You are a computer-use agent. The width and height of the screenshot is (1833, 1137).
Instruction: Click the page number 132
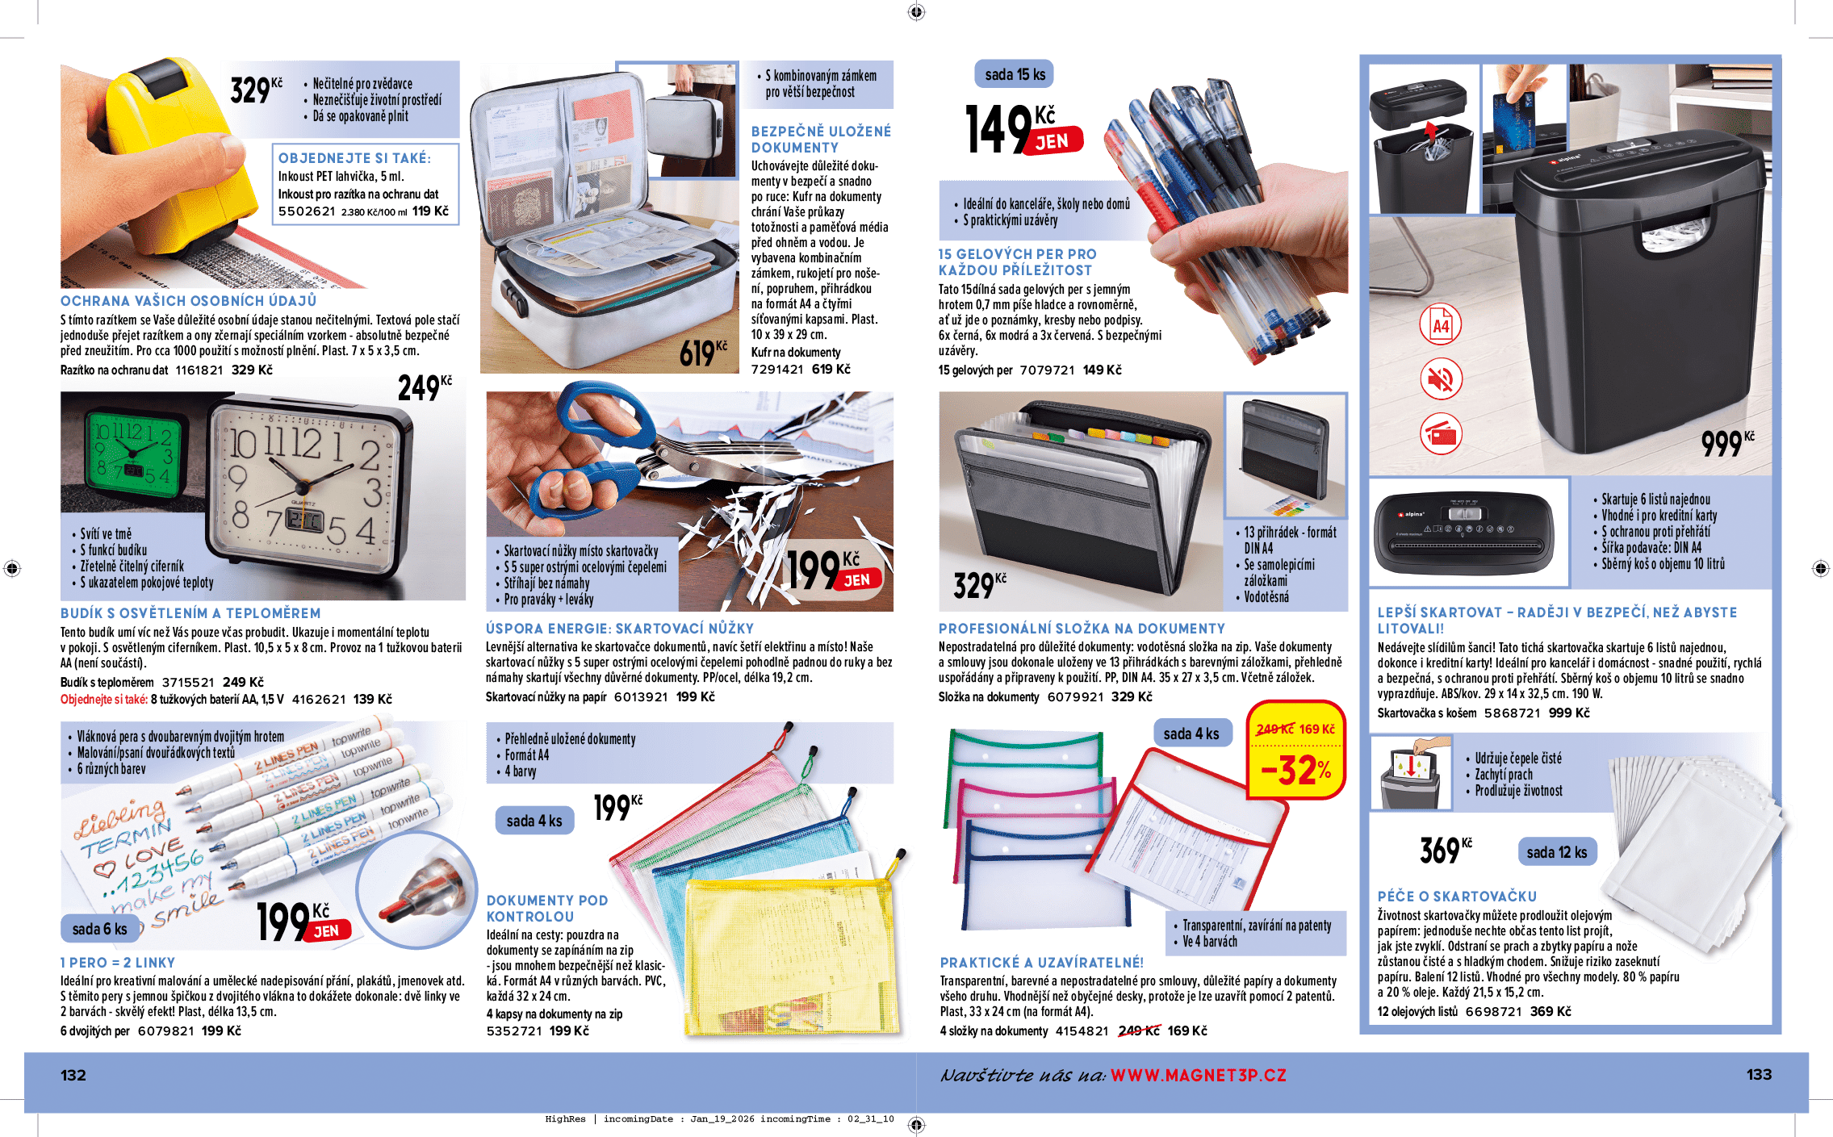coord(73,1075)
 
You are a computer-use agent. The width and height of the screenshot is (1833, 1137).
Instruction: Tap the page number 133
coord(1759,1074)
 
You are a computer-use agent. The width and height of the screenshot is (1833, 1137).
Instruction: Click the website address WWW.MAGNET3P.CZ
coord(1198,1075)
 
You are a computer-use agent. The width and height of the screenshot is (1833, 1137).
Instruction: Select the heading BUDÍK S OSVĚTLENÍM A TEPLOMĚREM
coord(190,613)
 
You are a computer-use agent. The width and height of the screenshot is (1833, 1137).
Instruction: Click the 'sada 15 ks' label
coord(1015,74)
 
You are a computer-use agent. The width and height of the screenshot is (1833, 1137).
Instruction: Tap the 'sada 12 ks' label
coord(1556,852)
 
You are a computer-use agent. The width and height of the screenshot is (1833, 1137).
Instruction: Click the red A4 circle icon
coord(1441,325)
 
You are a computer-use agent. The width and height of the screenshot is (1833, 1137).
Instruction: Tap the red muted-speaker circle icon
coord(1441,378)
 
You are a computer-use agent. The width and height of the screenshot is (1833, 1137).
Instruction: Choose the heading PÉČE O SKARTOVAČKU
coord(1457,896)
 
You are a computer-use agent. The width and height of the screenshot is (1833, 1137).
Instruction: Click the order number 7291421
coord(777,369)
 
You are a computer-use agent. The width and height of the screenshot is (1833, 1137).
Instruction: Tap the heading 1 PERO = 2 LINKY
coord(118,963)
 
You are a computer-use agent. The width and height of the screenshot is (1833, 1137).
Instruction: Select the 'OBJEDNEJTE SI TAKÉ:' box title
coord(354,158)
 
